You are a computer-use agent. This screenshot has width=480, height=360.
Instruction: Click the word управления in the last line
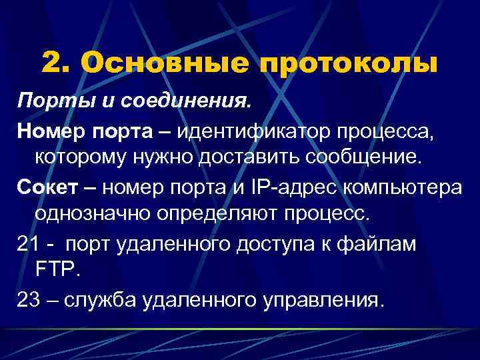(323, 300)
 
